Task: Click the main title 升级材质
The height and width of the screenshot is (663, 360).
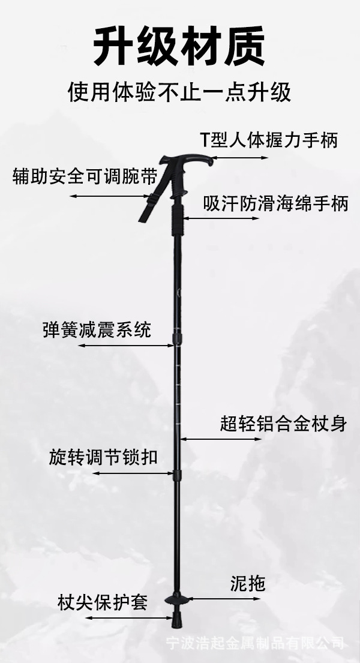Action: tap(179, 47)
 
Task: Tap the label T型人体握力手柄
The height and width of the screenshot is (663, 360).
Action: tap(268, 140)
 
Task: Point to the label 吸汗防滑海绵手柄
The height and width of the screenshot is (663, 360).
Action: tap(275, 203)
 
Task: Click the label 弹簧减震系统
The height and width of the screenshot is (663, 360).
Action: tap(97, 329)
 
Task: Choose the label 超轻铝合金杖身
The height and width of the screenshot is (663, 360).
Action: tap(283, 424)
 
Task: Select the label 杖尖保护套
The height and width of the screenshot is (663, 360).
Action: tap(103, 601)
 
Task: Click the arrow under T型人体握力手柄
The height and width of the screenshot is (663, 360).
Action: tap(240, 158)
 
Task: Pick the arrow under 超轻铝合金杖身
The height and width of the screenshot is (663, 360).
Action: tap(222, 439)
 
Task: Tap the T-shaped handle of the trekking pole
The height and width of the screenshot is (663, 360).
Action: tap(186, 161)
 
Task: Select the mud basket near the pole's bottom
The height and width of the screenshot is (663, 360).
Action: tap(179, 599)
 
